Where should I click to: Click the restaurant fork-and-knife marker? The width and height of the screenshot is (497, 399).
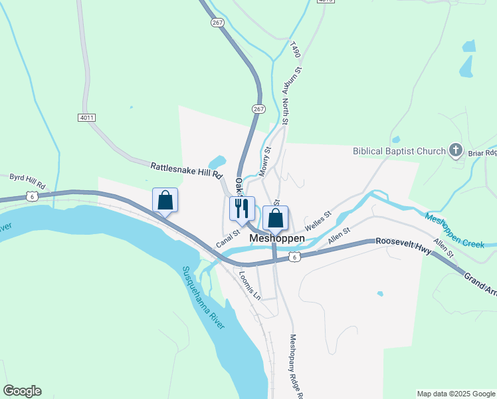tap(242, 207)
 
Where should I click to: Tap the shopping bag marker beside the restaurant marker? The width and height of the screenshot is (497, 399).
tap(275, 217)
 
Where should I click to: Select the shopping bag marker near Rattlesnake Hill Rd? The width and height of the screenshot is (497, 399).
tap(165, 199)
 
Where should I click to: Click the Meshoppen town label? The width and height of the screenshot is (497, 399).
tap(276, 238)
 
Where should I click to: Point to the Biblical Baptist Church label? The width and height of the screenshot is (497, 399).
tap(399, 151)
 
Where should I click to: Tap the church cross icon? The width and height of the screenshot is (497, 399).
tap(455, 150)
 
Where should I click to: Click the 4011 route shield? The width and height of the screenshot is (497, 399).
tap(86, 118)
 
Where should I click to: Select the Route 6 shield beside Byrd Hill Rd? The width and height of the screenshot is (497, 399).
tap(31, 196)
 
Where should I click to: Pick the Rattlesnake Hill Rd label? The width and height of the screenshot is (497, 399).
tap(185, 170)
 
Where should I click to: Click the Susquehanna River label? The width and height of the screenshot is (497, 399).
tap(204, 297)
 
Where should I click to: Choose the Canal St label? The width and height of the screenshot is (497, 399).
tap(227, 239)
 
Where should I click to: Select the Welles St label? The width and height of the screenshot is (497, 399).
tap(318, 220)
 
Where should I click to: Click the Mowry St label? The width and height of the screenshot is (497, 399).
tap(267, 160)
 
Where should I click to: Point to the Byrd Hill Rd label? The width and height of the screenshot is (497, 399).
tap(27, 181)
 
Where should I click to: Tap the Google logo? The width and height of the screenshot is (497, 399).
tap(22, 391)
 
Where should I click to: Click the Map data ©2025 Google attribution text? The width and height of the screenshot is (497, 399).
tap(456, 394)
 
